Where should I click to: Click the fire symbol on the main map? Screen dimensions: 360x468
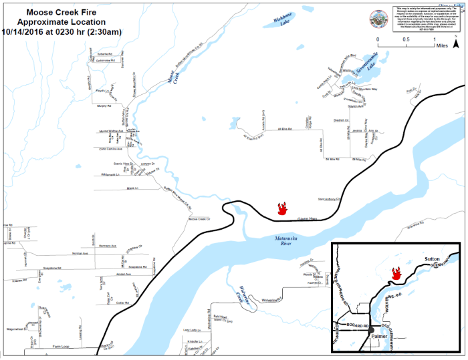pyautogui.click(x=283, y=208)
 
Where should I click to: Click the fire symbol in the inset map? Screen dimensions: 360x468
pyautogui.click(x=396, y=273)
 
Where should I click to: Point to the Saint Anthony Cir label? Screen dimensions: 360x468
pyautogui.click(x=329, y=198)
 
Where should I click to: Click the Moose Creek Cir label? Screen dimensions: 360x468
pyautogui.click(x=199, y=218)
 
